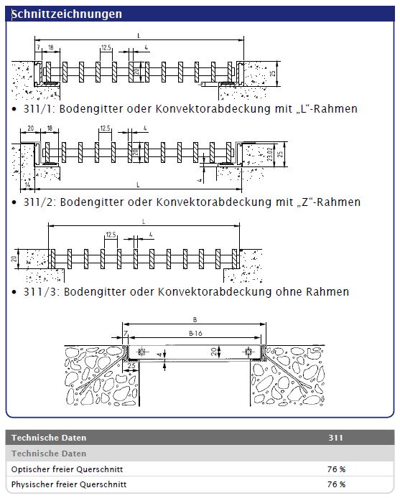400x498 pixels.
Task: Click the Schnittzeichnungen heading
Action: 67,14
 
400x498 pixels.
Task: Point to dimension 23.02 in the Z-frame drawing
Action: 270,154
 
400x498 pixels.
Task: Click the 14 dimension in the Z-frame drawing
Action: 27,184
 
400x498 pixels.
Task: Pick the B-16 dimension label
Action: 195,333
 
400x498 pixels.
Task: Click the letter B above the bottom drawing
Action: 195,320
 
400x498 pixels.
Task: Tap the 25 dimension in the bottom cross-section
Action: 131,366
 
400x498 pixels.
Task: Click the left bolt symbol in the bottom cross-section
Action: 141,352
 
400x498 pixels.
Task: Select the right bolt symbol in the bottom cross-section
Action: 248,352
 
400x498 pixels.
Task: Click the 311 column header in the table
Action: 335,438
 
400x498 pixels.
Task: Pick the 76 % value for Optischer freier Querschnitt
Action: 336,469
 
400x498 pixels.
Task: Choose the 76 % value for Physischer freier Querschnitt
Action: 336,484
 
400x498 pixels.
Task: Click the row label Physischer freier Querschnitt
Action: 69,484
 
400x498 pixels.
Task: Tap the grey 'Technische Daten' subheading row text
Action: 49,454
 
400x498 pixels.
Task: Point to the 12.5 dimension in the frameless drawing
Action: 111,235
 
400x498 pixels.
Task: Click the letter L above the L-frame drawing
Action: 139,36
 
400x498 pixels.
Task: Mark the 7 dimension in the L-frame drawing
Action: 38,47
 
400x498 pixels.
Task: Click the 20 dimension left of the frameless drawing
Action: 14,258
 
